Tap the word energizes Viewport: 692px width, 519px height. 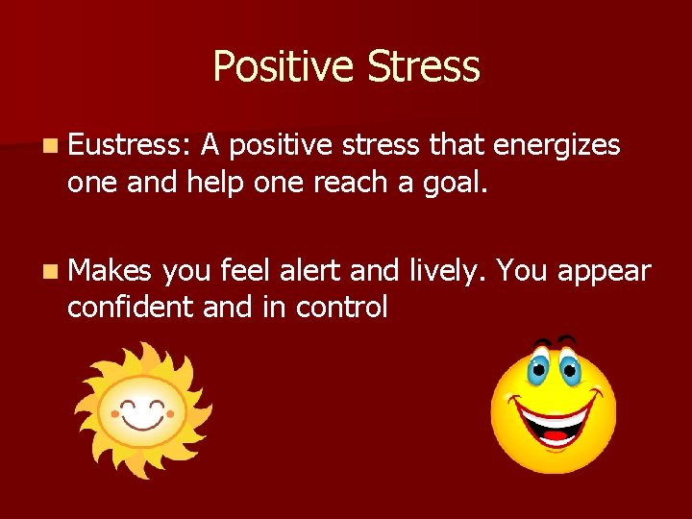tap(556, 146)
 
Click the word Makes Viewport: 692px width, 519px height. tap(110, 272)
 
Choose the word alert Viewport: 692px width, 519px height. tap(310, 272)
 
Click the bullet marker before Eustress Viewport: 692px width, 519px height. tap(50, 147)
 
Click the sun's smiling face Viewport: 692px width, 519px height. tap(143, 413)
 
